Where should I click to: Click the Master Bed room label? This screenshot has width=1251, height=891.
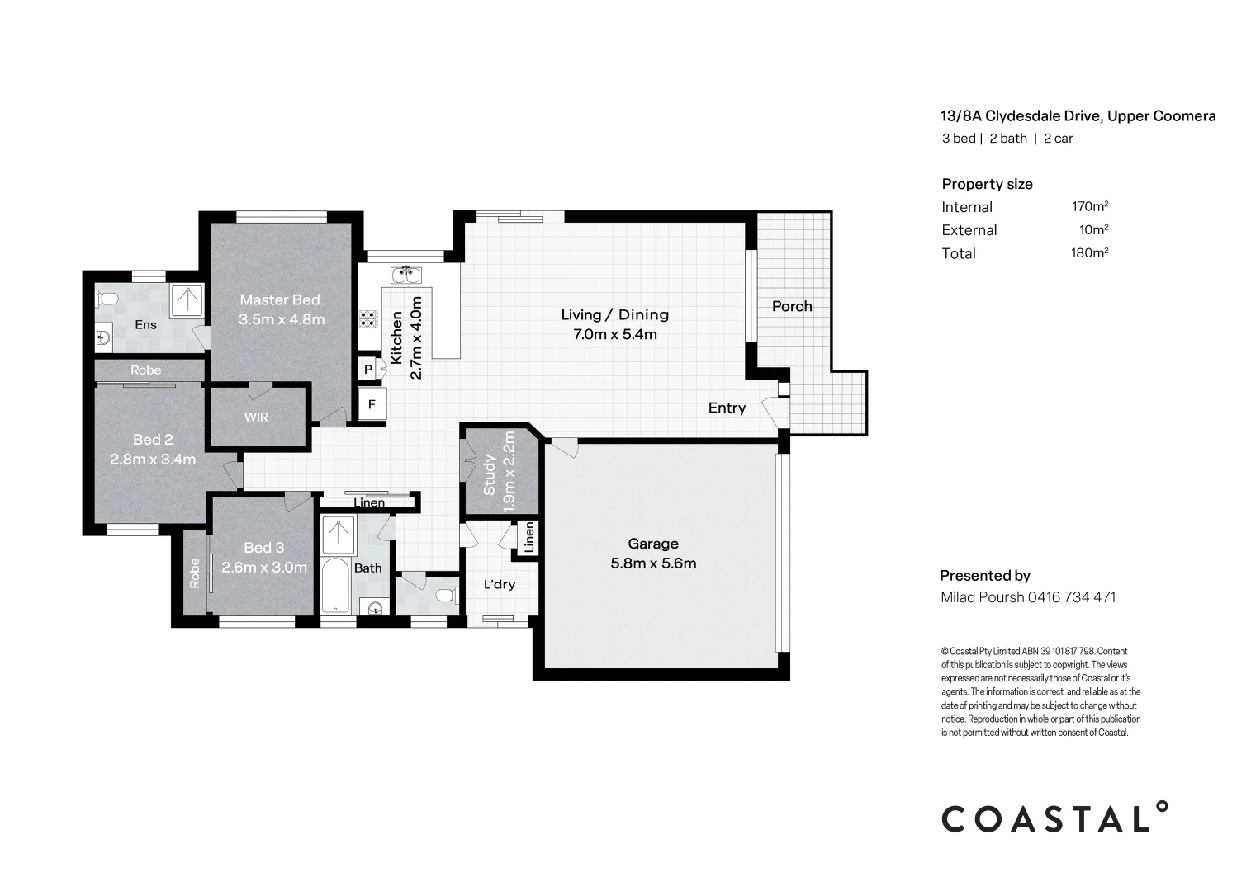(279, 299)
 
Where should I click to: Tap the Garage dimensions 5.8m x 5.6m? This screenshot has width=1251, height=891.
(653, 564)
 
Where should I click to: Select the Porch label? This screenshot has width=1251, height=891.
(792, 306)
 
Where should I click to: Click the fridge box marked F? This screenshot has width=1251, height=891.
(372, 404)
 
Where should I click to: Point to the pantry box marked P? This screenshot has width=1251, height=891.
(367, 370)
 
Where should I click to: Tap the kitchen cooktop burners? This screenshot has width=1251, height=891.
(367, 318)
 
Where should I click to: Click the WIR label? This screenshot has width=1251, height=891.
(256, 417)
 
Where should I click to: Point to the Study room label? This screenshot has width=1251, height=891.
(489, 475)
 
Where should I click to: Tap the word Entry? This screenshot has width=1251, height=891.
(727, 408)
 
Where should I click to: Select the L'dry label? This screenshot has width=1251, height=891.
(499, 584)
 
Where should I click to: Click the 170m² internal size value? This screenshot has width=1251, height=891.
(1089, 206)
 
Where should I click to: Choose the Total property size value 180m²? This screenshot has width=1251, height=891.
(1089, 253)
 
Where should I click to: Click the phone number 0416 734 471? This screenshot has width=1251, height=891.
(1072, 597)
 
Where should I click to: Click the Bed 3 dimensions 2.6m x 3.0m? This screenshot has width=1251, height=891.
(264, 568)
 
